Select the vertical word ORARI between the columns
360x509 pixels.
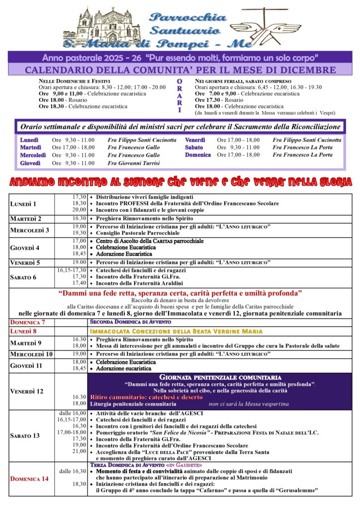[180, 95]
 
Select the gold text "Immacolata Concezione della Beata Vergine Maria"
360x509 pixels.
[176, 331]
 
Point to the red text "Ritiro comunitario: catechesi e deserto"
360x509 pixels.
[146, 397]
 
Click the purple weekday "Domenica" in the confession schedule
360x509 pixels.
[198, 155]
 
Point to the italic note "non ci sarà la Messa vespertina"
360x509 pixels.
[249, 404]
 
